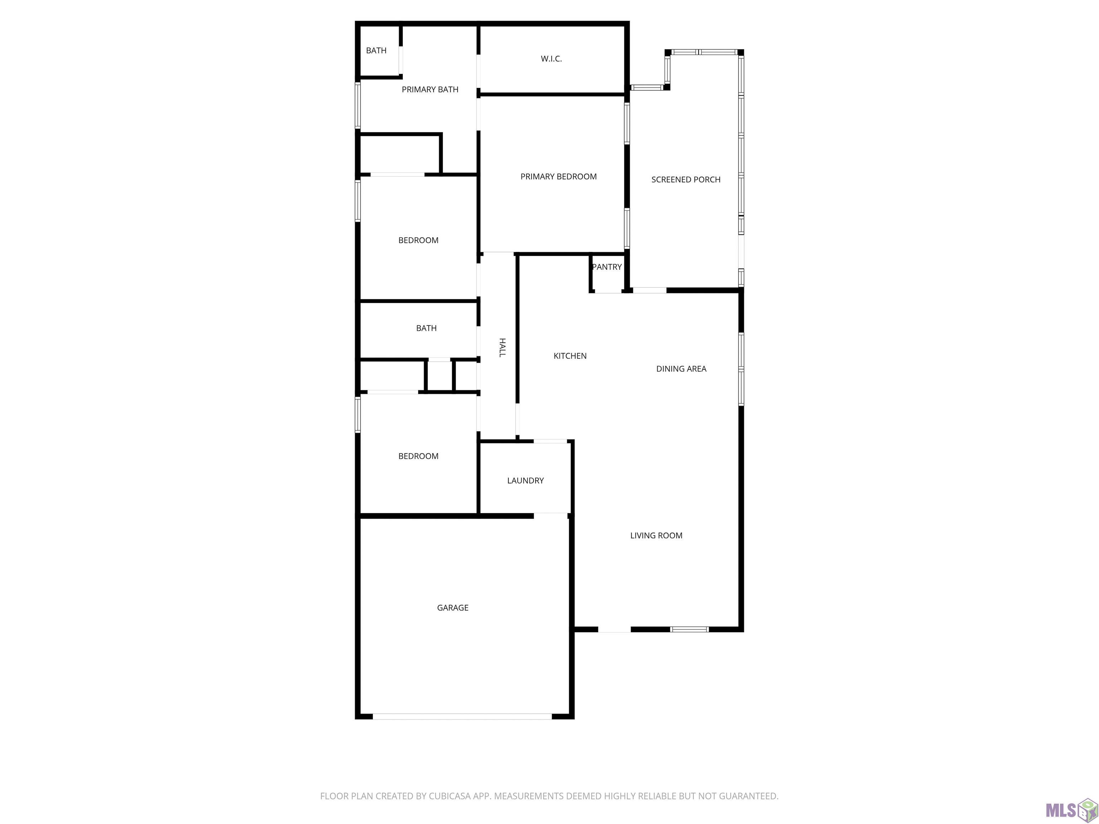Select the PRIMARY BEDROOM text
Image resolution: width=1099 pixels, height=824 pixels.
558,176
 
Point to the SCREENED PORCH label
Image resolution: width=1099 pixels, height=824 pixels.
686,179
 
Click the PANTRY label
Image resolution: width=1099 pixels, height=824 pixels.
607,267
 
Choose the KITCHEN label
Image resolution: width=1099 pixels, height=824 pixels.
570,355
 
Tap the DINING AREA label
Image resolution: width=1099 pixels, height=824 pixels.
681,368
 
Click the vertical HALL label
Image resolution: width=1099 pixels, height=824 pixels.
502,347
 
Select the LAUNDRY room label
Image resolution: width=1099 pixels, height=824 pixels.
525,480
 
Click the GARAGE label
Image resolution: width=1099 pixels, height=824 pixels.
453,607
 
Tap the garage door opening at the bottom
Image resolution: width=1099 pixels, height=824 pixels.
462,716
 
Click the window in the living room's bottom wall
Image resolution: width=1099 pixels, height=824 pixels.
689,629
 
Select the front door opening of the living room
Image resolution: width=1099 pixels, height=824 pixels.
614,629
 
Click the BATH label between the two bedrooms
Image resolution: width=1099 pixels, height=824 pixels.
426,328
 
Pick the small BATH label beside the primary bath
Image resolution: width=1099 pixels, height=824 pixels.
376,50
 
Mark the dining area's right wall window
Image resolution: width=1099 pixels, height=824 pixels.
741,369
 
